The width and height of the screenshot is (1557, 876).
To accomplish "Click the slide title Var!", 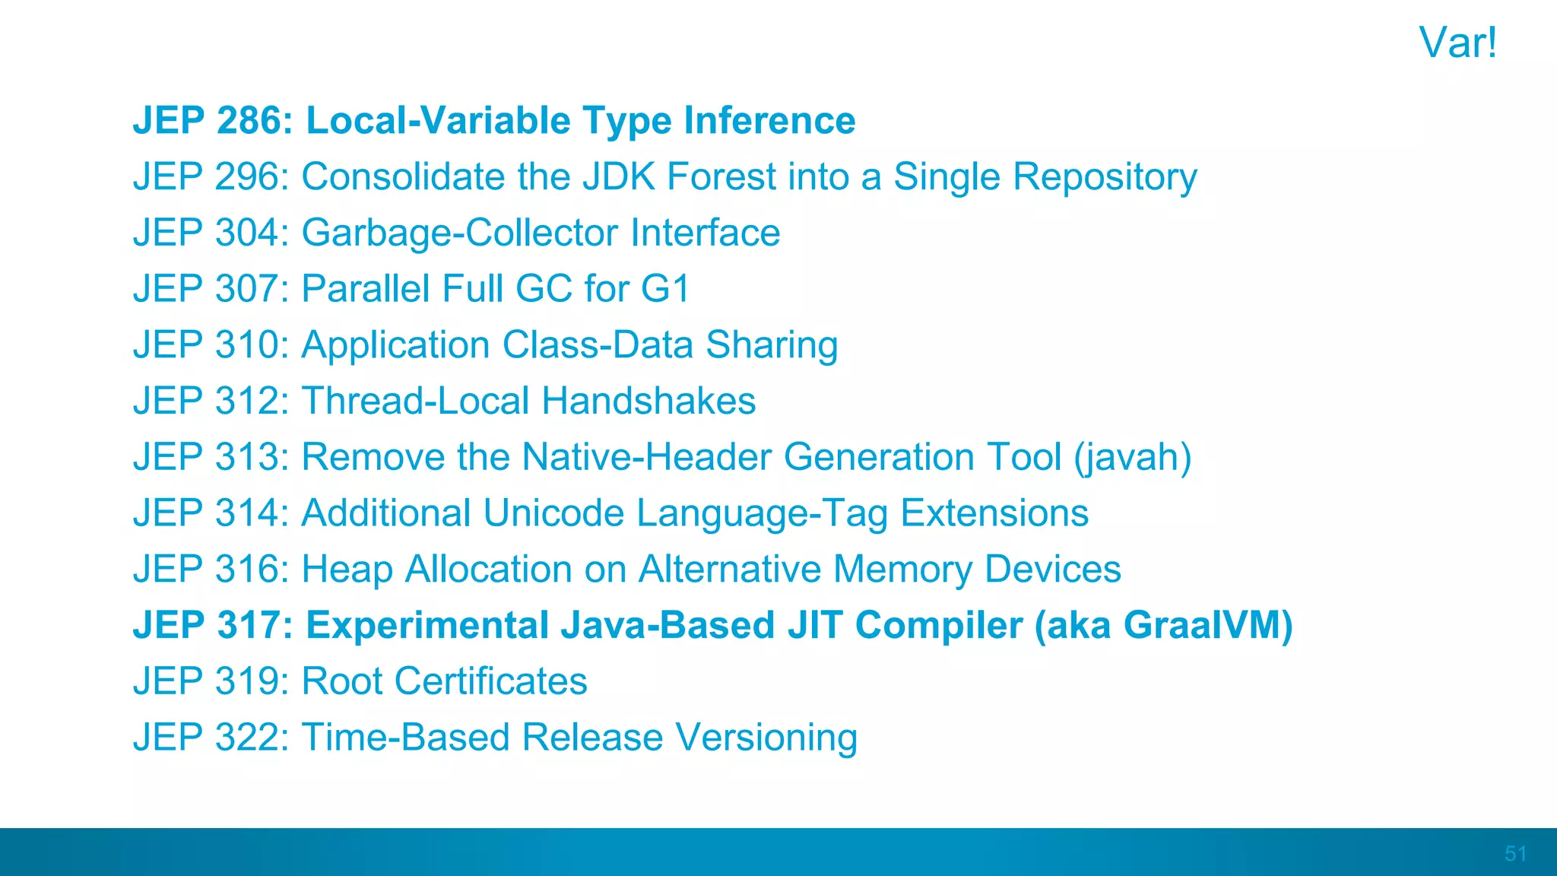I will (1457, 43).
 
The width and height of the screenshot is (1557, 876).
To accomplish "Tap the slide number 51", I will (1515, 853).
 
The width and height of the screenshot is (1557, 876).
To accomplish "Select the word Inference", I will (769, 121).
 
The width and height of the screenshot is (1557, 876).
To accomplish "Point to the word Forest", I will (721, 176).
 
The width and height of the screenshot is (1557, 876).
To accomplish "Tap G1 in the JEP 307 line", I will (665, 289).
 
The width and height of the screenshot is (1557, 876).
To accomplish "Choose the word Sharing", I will (772, 345).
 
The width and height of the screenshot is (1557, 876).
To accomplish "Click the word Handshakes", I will (648, 401).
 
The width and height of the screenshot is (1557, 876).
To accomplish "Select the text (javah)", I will (1132, 458).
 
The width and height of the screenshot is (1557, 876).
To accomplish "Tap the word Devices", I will (1052, 569).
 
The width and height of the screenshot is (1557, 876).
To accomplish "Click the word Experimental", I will (427, 626).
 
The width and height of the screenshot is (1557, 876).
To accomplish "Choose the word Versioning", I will (766, 738).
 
